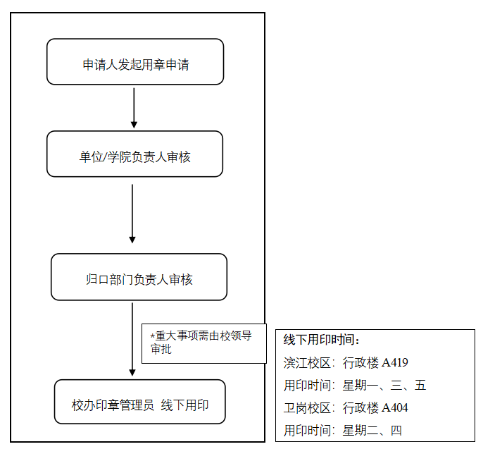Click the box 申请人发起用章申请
pos(135,62)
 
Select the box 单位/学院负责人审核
pos(134,154)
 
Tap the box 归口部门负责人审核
pos(139,277)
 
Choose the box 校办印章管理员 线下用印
pos(140,402)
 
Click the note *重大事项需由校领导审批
pos(204,343)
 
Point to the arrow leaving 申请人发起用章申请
pos(134,108)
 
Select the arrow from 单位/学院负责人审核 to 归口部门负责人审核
pos(132,214)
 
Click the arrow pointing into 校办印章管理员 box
pos(132,339)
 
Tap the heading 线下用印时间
pos(321,340)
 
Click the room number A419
pos(394,362)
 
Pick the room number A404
pos(394,407)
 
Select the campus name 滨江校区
pos(307,362)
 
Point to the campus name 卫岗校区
pos(307,408)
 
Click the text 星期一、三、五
pos(384,385)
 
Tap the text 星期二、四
pos(372,431)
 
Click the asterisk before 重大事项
pos(152,336)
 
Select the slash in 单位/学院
pos(105,157)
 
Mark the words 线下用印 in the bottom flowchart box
pos(184,405)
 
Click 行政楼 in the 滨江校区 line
pos(360,362)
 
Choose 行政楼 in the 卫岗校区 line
pos(360,408)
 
